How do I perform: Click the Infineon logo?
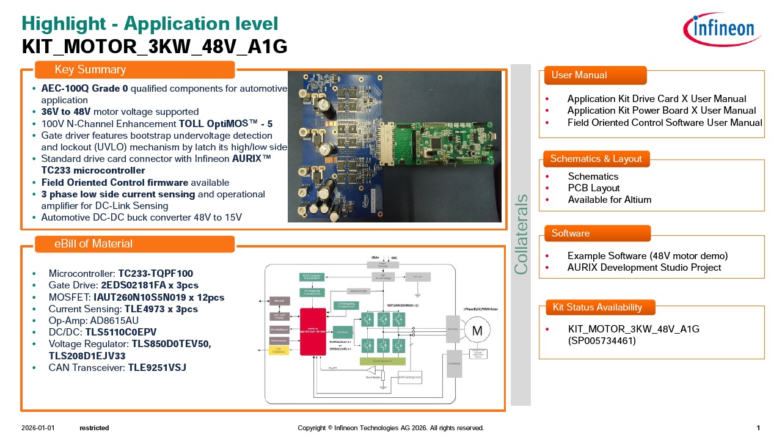(x=722, y=29)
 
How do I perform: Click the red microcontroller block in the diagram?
(x=313, y=331)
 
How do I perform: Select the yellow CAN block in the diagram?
(x=279, y=350)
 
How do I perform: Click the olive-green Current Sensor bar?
(x=382, y=362)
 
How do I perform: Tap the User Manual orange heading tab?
(x=592, y=75)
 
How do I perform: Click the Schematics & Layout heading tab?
(x=596, y=159)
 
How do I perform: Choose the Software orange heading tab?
(x=596, y=233)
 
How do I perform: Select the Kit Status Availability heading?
(x=597, y=307)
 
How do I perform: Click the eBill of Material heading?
(x=134, y=244)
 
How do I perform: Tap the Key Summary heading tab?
(x=134, y=70)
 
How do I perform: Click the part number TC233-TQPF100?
(x=155, y=273)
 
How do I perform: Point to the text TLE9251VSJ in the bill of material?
(x=156, y=367)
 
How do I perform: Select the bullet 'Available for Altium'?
(x=609, y=200)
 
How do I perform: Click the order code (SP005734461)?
(x=602, y=340)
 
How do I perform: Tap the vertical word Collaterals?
(x=521, y=234)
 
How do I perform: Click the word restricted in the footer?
(x=94, y=428)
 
